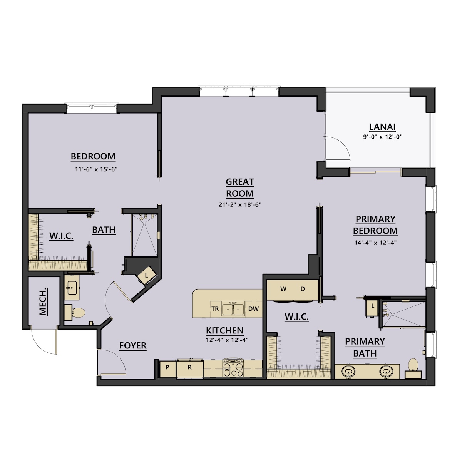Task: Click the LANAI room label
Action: (x=382, y=127)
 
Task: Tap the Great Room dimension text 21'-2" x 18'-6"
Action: (x=240, y=205)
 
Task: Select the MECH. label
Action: (x=42, y=301)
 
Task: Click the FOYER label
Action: (x=133, y=345)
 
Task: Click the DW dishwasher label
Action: (x=253, y=309)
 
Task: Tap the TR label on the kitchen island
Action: (x=215, y=309)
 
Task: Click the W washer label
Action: (x=283, y=289)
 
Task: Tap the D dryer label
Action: (x=303, y=289)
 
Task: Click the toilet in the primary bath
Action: (x=413, y=368)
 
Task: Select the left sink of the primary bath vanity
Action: (x=348, y=372)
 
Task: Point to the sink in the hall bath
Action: (x=72, y=287)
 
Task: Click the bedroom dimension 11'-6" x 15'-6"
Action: (x=96, y=169)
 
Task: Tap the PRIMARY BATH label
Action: (x=365, y=347)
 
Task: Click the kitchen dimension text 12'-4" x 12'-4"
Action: (x=227, y=340)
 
